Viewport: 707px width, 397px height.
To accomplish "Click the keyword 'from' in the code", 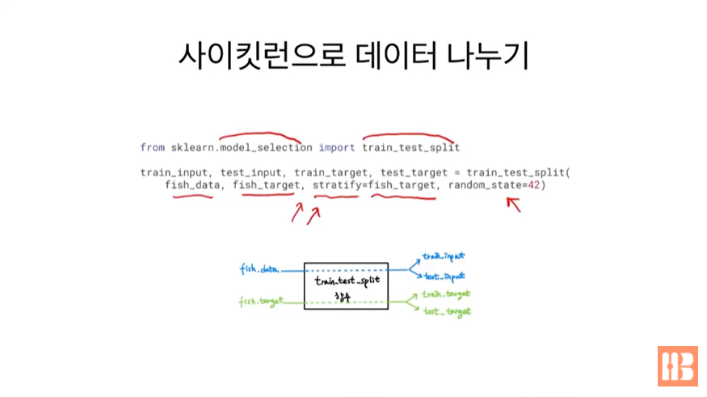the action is (152, 148).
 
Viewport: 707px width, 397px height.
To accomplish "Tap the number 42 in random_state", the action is (533, 185).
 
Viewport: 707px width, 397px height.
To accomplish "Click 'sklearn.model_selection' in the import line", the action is (241, 148).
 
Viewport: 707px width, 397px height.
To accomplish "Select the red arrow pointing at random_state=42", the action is (513, 204).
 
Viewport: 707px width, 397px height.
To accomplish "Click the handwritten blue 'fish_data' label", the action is (259, 268).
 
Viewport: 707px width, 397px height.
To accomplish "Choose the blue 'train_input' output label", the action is (444, 256).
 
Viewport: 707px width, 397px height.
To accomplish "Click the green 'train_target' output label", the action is (447, 294).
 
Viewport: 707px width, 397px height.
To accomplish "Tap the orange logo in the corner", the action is (677, 366).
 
